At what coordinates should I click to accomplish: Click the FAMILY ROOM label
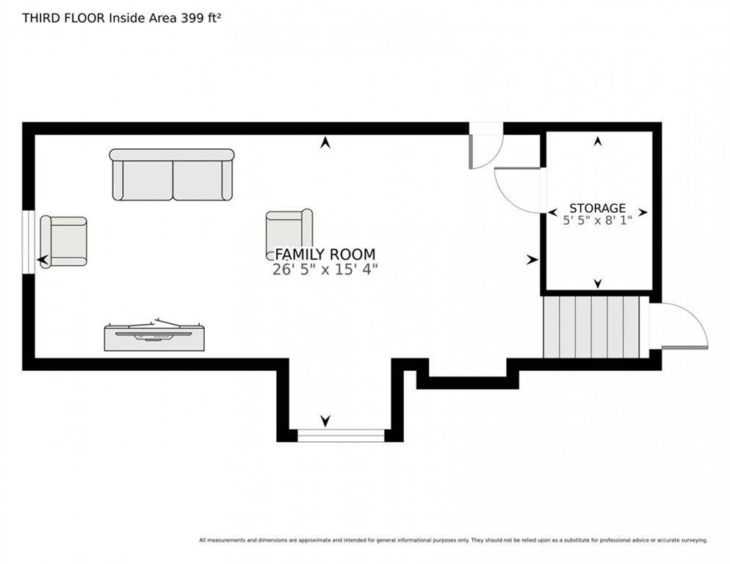325,254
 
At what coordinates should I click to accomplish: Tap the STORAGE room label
597,208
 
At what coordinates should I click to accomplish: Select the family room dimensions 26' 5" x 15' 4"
325,270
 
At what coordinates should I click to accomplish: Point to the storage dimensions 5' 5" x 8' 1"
597,220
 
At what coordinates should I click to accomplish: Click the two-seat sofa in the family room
173,175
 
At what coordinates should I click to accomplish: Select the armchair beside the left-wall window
63,242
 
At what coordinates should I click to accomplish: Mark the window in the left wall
29,242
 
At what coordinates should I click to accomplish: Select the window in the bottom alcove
341,435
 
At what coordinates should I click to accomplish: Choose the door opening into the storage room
517,190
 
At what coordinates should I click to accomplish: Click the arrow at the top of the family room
325,142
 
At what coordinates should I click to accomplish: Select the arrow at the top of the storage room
598,141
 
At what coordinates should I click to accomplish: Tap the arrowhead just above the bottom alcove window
325,421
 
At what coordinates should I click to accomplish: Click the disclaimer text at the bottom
453,540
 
